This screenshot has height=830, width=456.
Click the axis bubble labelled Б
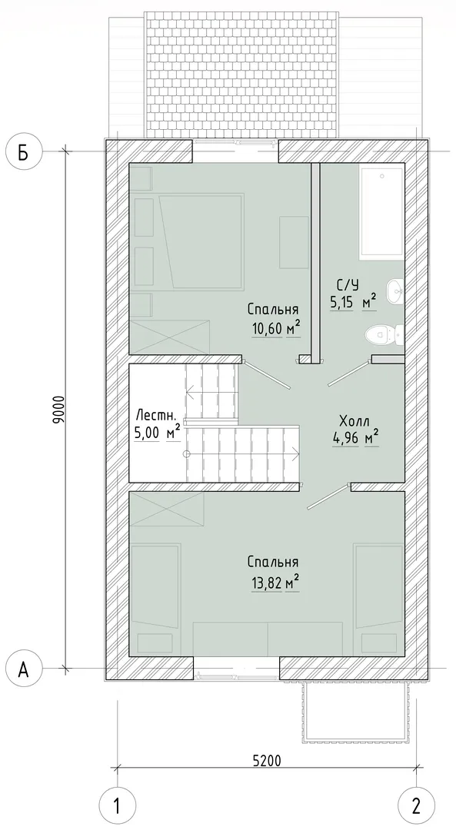[23, 151]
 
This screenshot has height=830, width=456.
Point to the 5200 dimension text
[266, 761]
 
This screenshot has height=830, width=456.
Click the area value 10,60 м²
[276, 330]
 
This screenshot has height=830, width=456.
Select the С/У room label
[347, 285]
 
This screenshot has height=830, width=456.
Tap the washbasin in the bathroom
[395, 291]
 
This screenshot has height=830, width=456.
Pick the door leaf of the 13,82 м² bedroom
[329, 496]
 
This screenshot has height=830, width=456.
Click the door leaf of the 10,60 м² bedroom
[266, 376]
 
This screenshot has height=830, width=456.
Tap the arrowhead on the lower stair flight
[295, 453]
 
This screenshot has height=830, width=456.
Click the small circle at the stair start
[186, 453]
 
